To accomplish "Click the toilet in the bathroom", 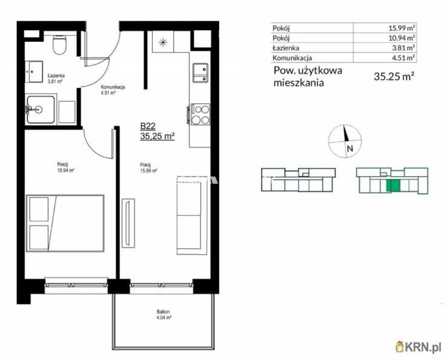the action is [x=60, y=45].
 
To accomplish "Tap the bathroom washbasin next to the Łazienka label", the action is [x=34, y=71].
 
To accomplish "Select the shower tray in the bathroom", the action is [x=41, y=110].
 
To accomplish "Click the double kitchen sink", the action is [x=200, y=73].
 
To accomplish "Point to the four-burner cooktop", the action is [x=200, y=114].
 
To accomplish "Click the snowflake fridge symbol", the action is [x=163, y=42].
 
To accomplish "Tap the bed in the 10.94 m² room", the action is [x=65, y=223].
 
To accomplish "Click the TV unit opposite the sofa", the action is [x=128, y=223].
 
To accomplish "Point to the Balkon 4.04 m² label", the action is [x=163, y=315].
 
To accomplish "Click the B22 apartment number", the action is [x=148, y=126].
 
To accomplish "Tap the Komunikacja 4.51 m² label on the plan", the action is [x=113, y=90].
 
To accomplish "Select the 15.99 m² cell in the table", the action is [x=401, y=28].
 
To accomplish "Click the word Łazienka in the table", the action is [x=286, y=48].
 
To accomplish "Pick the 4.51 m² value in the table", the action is [x=403, y=58].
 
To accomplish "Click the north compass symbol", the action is [x=344, y=141].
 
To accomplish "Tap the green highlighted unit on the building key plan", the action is [x=394, y=186].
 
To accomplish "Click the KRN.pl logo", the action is [x=418, y=347].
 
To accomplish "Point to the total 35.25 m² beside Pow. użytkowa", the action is [x=394, y=76].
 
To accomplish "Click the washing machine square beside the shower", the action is [x=67, y=112].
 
